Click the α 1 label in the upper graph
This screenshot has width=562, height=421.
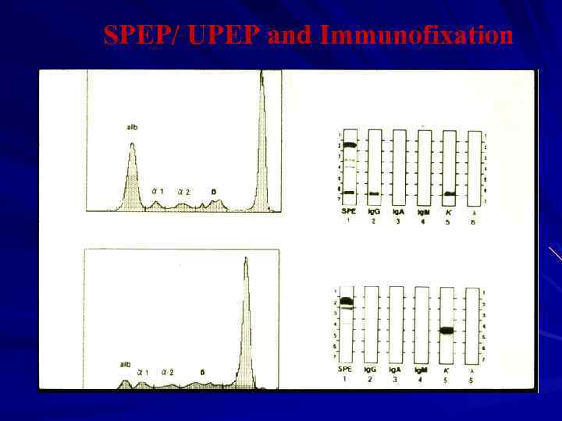tap(157, 191)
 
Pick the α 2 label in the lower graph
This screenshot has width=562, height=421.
tap(167, 372)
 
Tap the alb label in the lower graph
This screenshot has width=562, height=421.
tap(126, 364)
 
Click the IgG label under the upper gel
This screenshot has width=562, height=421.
tap(374, 212)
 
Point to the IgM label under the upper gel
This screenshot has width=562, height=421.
tap(424, 212)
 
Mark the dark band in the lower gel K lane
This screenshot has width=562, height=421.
tap(446, 331)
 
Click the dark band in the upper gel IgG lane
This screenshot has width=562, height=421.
tap(374, 193)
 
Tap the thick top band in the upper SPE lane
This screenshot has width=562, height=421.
tap(349, 145)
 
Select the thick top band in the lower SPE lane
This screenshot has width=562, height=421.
tap(347, 301)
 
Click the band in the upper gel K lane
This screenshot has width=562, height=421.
tap(449, 193)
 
